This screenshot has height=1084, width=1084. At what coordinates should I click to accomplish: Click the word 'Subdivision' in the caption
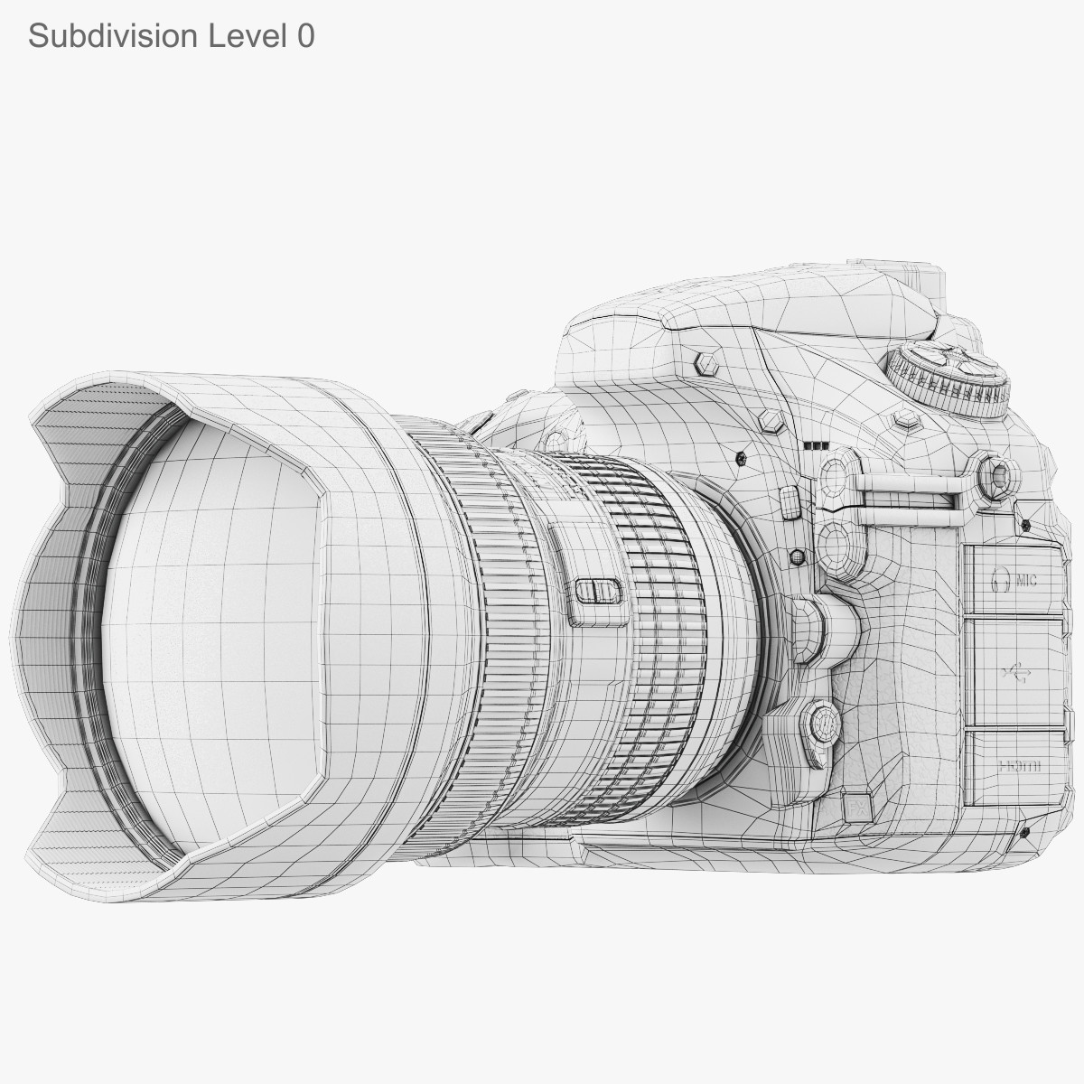pyautogui.click(x=113, y=35)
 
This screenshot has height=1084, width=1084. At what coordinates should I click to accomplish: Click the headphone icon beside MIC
pyautogui.click(x=999, y=579)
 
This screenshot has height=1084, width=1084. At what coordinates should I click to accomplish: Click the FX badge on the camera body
pyautogui.click(x=855, y=806)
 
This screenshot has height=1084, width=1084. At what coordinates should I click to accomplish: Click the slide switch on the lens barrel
pyautogui.click(x=598, y=592)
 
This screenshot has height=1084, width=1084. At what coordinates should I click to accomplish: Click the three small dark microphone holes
pyautogui.click(x=816, y=445)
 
